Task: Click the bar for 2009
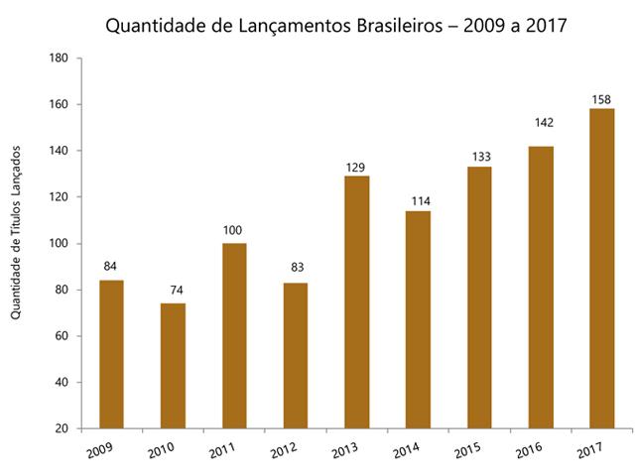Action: coord(111,354)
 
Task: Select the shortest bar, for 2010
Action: coord(173,365)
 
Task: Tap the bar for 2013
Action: coord(356,301)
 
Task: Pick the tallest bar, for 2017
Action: coord(601,268)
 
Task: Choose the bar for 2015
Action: coord(479,297)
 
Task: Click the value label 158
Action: coord(601,98)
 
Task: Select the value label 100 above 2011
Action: coord(234,232)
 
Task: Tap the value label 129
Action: coord(356,166)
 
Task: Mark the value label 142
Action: coord(541,123)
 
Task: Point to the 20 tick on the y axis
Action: coord(60,428)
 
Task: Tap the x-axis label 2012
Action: coord(284,451)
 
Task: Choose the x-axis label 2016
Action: coord(528,451)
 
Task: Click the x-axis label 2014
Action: coord(406,451)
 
